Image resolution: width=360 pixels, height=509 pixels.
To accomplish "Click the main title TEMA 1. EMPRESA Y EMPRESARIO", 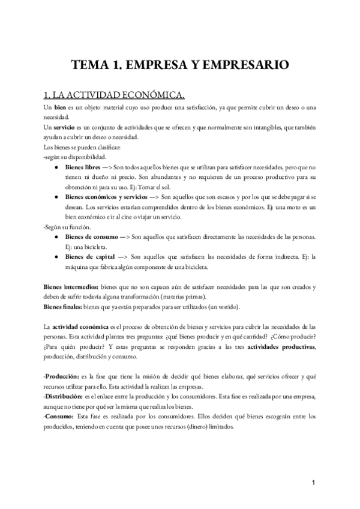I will pos(180,64).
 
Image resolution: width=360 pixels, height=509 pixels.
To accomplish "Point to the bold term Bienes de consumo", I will pos(91,237).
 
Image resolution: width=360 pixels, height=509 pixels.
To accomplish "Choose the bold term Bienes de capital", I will pos(89,258).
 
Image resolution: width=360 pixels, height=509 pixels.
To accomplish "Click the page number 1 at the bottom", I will pos(314,483).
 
